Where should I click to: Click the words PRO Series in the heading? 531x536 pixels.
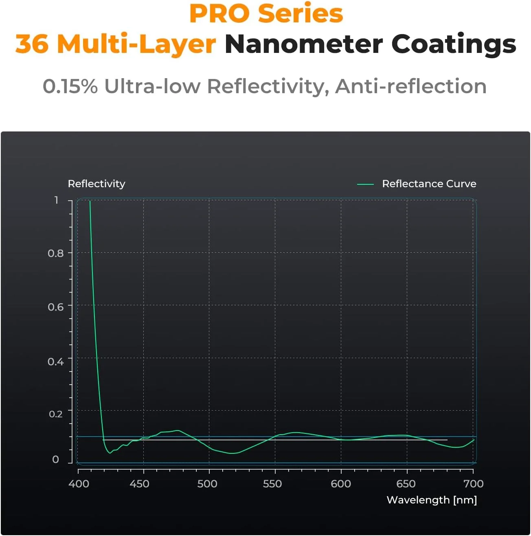point(266,13)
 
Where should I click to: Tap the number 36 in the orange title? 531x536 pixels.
point(32,44)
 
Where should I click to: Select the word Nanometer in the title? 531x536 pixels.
point(304,44)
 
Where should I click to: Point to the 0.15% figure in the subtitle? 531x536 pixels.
point(70,86)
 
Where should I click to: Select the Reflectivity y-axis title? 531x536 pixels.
point(97,184)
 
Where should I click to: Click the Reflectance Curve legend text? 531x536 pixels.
point(429,184)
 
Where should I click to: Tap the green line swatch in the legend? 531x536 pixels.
point(365,184)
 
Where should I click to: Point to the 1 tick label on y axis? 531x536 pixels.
point(57,200)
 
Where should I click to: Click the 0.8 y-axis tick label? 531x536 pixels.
point(56,254)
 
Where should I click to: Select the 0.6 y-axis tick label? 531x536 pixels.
point(56,307)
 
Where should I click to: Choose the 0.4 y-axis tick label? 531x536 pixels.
point(56,361)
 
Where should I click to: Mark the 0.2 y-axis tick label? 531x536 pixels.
point(56,414)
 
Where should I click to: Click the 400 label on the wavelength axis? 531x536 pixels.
point(79,484)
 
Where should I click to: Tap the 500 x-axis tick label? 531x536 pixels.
point(207,484)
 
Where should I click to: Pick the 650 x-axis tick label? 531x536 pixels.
point(406,484)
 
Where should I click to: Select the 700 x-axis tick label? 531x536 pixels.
point(474,484)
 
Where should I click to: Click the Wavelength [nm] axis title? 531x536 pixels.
point(432,500)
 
